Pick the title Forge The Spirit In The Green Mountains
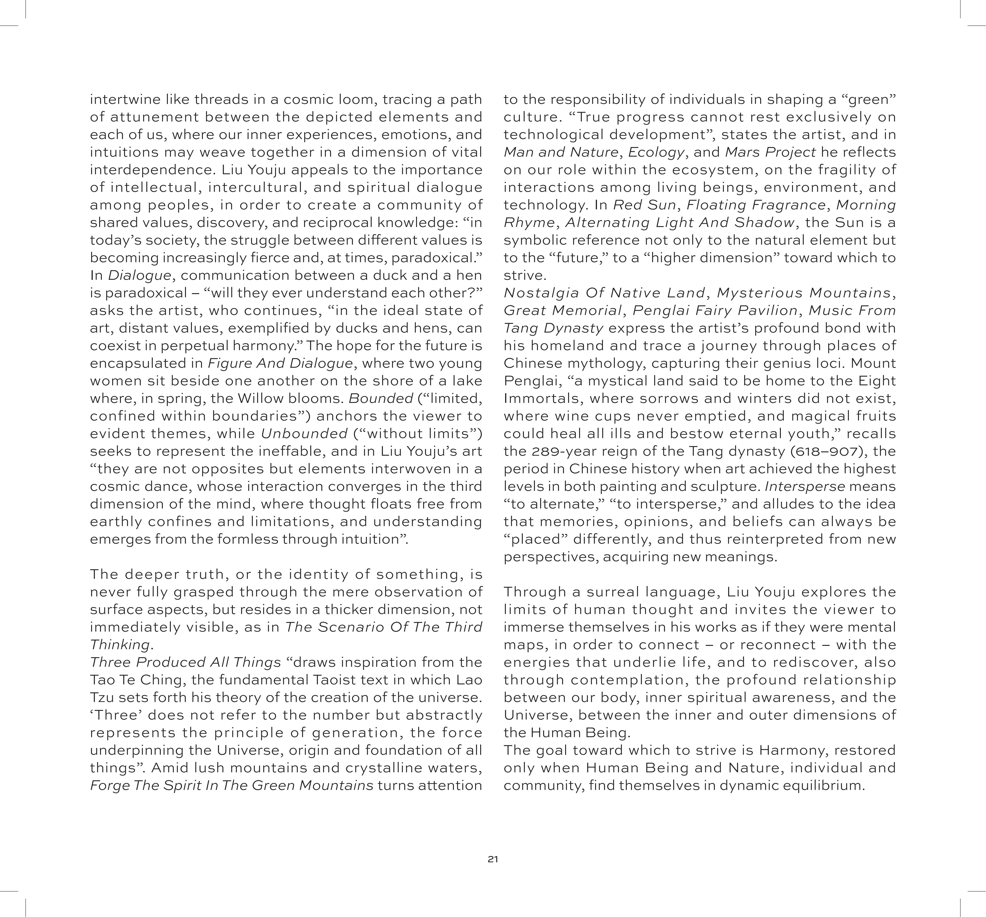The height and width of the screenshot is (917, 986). click(x=232, y=786)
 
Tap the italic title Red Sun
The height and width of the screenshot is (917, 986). click(x=644, y=205)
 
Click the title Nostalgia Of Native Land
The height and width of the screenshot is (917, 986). click(x=604, y=293)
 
